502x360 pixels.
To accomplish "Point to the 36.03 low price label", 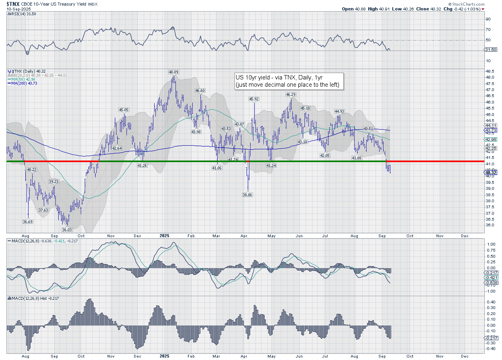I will click(x=66, y=230).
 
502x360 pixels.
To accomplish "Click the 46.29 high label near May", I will click(x=290, y=94).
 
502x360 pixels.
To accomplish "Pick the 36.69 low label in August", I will click(x=28, y=222).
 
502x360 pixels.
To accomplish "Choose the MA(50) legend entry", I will click(x=22, y=79).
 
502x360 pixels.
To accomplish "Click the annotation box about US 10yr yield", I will click(x=289, y=81).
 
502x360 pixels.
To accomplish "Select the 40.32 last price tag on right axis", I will click(x=491, y=173).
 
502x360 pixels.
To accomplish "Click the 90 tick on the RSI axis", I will click(x=488, y=19).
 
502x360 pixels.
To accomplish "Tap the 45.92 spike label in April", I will click(x=254, y=99).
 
